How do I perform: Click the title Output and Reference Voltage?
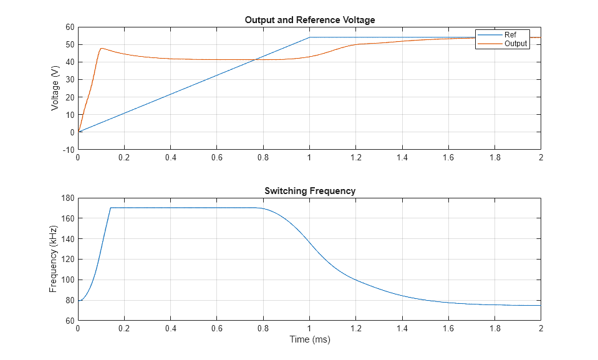point(309,20)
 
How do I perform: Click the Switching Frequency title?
point(309,191)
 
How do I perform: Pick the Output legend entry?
point(515,44)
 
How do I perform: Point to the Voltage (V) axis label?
point(55,89)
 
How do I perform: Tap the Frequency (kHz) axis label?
point(54,260)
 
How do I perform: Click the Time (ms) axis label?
point(309,340)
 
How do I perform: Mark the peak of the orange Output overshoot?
point(101,49)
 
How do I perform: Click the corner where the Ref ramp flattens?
point(309,37)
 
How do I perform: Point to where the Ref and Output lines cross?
point(256,60)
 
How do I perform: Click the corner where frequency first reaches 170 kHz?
point(110,208)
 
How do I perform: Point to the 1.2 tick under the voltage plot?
point(355,158)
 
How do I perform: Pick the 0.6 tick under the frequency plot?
point(216,328)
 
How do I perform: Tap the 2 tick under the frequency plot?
point(541,328)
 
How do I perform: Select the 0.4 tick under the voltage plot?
point(170,158)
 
